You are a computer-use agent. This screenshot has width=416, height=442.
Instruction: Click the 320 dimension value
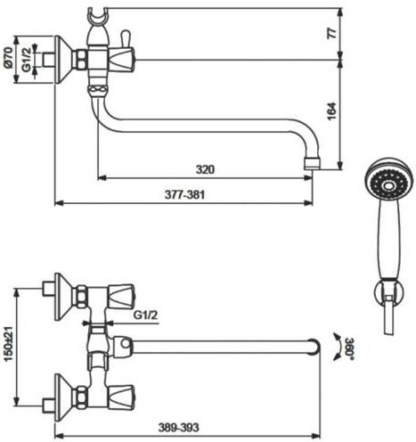tap(205, 169)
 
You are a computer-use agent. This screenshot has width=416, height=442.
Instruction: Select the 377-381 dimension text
tap(184, 195)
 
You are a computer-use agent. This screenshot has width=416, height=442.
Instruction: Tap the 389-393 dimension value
tap(178, 428)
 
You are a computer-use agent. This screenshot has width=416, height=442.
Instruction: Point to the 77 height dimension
tap(333, 33)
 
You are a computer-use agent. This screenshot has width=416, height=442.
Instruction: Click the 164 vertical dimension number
tap(332, 111)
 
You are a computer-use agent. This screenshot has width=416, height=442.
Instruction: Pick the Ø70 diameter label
tap(8, 56)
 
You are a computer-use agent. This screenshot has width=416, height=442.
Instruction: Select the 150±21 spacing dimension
tap(9, 344)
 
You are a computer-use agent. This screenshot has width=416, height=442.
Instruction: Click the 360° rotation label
tap(349, 348)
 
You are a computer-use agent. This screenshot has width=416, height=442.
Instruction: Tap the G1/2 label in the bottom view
tap(145, 315)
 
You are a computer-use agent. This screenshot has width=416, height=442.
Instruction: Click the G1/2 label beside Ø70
tap(27, 60)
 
